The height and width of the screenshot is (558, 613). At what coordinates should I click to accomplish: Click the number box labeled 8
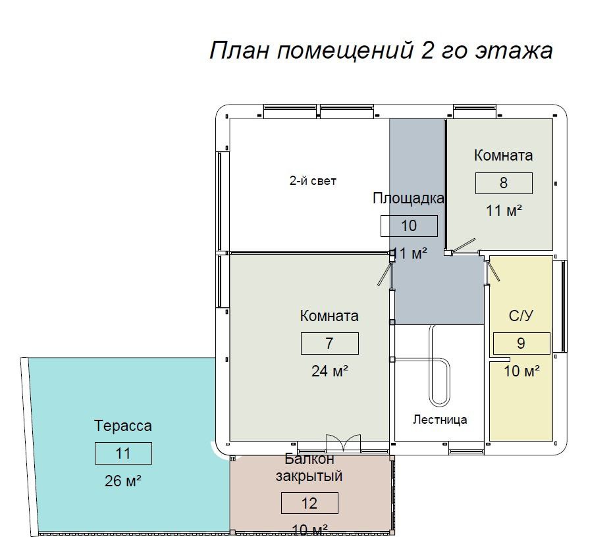coord(504,183)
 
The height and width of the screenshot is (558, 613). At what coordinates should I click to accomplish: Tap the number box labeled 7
coord(330,343)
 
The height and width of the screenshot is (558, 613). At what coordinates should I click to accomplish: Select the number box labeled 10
coord(409,226)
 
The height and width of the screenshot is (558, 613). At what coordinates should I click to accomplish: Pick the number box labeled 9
coord(521,343)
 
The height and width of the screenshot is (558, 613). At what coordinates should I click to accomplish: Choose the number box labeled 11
coord(123,453)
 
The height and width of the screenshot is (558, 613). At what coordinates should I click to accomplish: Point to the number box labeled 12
coord(309,503)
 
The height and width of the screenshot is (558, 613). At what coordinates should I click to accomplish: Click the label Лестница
coord(440,420)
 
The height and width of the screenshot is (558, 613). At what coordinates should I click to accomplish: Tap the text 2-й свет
coord(313,181)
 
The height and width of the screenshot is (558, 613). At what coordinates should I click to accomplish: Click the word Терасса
coord(123,426)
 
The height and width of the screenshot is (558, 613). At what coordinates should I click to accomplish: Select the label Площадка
coord(408,198)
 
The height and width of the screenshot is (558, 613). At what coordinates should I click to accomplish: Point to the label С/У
coord(521,315)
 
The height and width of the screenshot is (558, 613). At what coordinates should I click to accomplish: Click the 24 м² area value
coord(330,371)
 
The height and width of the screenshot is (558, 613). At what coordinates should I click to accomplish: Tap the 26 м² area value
coord(122,480)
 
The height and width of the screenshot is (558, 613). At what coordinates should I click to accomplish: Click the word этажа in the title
coord(514,51)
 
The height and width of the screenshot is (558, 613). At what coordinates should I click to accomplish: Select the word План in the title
coord(239,50)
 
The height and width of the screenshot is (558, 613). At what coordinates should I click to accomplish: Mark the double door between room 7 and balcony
coord(343,443)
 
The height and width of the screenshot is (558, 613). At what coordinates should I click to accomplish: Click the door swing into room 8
coord(464,246)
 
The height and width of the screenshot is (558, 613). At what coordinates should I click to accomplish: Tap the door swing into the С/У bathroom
coord(493,271)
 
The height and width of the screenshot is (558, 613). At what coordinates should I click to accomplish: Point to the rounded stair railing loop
coord(440,382)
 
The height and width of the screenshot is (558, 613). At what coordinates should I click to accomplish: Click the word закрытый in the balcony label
coord(309,476)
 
